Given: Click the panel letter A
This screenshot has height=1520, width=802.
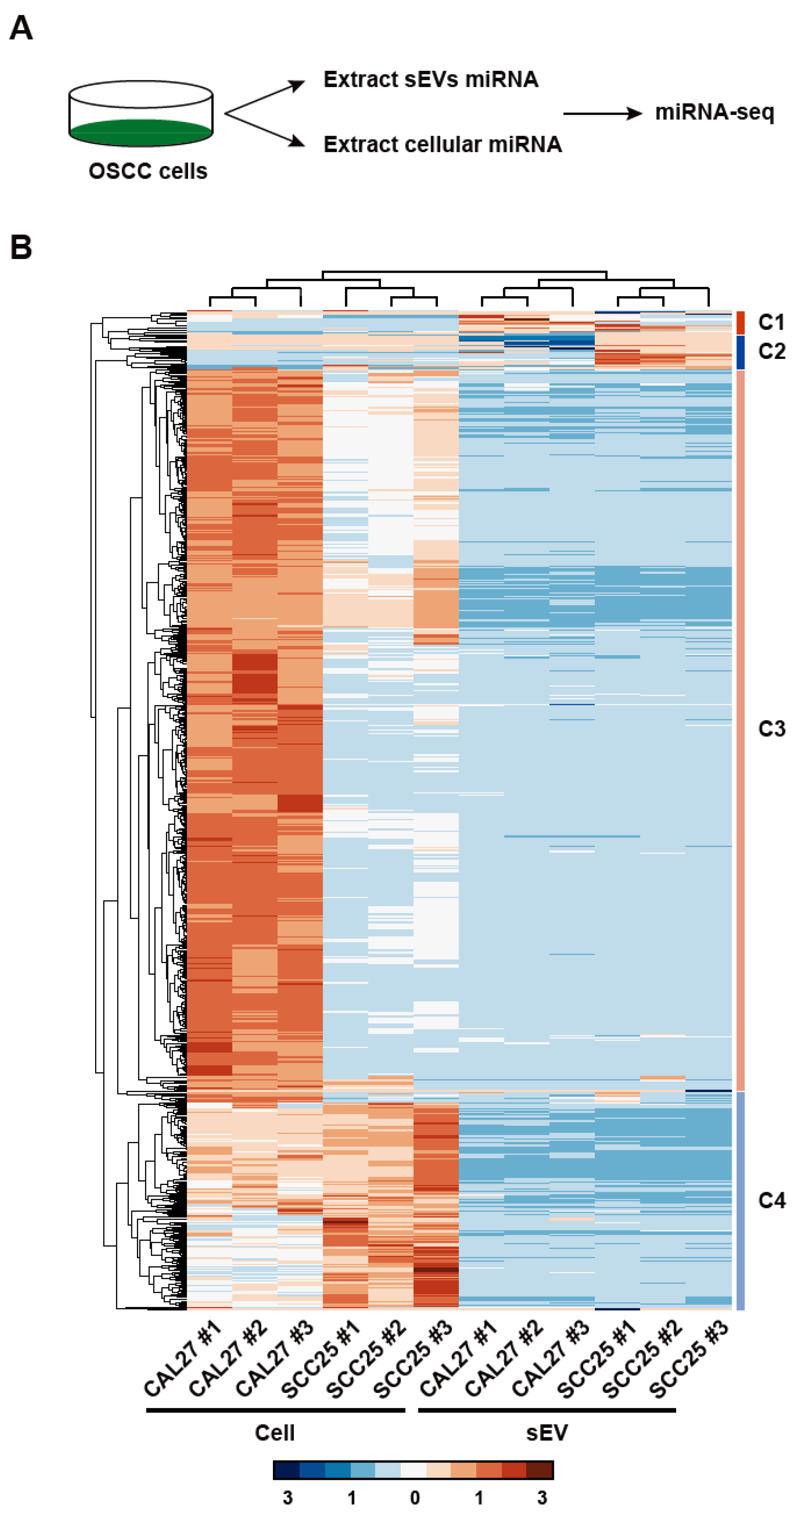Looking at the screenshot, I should [21, 28].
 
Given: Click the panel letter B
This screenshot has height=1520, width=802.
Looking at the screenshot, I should [21, 247].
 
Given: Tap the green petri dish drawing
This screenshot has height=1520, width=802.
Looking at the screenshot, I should [140, 113].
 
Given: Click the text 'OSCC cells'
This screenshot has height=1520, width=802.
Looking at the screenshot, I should [148, 171].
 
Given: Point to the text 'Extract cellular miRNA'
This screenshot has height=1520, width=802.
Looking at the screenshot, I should [442, 144].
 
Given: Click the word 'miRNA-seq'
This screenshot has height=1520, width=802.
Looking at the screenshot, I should [714, 112].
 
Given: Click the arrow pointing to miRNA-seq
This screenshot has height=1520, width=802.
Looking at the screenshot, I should [602, 113].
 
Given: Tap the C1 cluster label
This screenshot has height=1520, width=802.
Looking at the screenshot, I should [771, 322].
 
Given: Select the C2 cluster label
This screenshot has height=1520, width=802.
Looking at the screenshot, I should [771, 351].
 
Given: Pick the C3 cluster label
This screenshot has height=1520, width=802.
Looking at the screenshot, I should [771, 729].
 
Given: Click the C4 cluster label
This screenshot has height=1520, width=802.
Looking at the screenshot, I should [771, 1200].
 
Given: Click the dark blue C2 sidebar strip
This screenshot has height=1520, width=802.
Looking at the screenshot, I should [740, 352].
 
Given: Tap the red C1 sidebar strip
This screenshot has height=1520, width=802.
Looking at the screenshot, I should [740, 323].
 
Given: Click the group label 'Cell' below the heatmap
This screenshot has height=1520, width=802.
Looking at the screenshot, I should [275, 1433].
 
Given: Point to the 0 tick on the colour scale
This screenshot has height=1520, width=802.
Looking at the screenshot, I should [414, 1497].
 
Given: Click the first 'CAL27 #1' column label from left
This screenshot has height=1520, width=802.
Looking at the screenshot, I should [183, 1360].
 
